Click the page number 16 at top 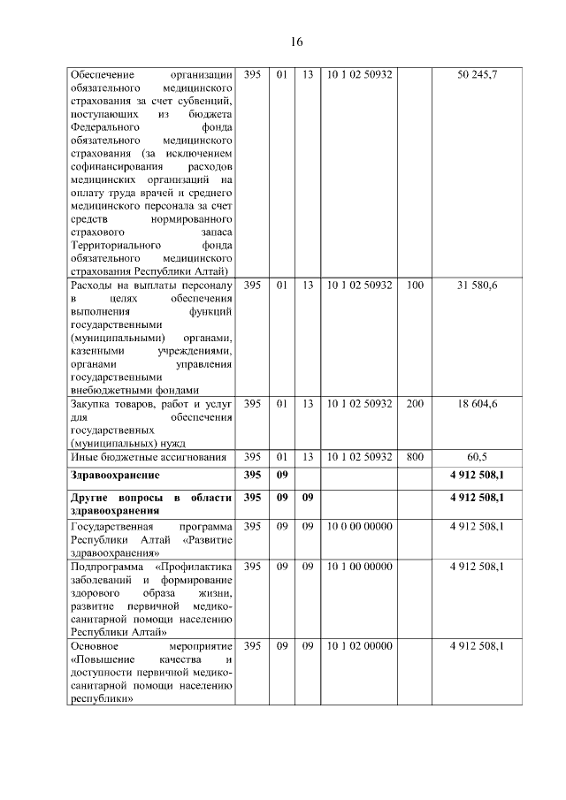click(x=297, y=42)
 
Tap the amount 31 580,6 click(x=477, y=286)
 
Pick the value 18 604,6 click(x=477, y=404)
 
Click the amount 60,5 click(x=477, y=456)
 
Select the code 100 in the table click(x=415, y=286)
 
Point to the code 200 click(x=415, y=404)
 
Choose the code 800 click(x=415, y=456)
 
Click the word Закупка click(x=90, y=405)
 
